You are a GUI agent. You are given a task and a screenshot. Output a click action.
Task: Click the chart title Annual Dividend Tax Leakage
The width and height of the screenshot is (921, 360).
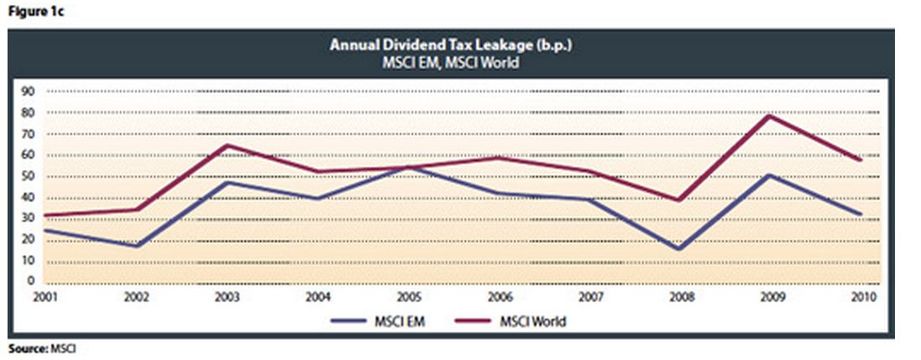(452, 45)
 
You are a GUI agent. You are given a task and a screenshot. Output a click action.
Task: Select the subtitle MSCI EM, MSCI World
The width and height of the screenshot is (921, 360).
(452, 61)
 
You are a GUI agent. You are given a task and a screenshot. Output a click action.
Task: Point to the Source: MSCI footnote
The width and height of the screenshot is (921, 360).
(41, 347)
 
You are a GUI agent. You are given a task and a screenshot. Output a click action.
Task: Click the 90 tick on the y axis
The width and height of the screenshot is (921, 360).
(28, 91)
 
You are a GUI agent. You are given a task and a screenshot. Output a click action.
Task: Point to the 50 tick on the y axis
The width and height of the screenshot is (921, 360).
(28, 176)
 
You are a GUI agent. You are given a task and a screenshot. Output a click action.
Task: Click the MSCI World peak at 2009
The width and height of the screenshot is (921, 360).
(767, 115)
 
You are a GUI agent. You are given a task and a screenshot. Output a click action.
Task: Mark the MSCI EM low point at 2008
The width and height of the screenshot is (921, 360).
(678, 249)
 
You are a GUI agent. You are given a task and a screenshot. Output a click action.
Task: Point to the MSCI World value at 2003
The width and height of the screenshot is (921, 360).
(227, 145)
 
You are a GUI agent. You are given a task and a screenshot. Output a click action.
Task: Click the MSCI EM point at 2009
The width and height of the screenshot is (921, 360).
(767, 175)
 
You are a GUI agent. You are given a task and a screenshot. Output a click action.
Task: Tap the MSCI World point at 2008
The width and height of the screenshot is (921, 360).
(678, 201)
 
